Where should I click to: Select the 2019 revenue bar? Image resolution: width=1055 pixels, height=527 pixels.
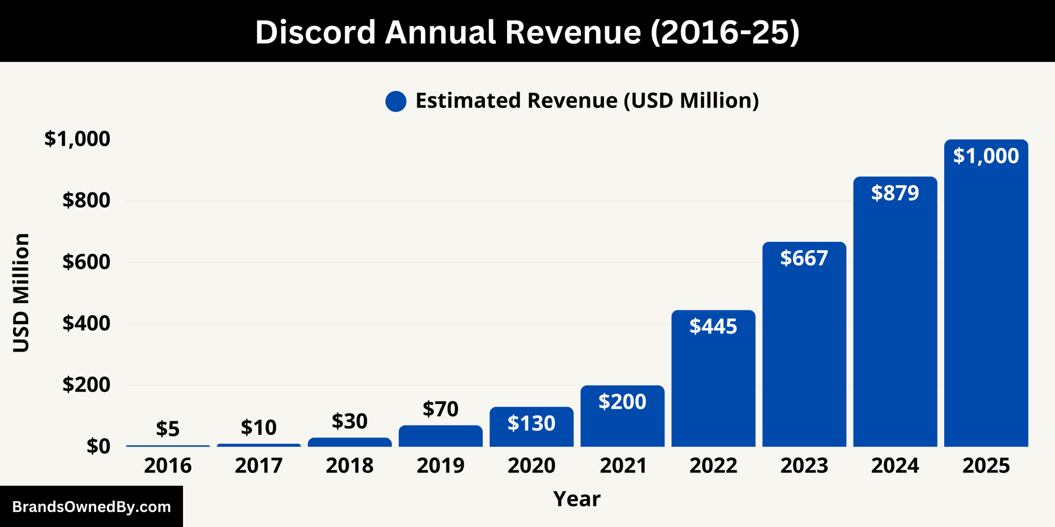tap(440, 436)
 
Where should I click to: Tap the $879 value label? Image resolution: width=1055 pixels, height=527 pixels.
tap(895, 193)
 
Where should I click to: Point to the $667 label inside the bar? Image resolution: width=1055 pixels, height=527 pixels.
tap(804, 258)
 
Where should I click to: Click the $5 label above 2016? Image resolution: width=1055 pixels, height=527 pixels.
tap(167, 429)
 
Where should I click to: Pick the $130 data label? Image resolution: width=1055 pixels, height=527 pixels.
tap(531, 423)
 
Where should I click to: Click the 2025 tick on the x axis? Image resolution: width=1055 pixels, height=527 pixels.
tap(985, 466)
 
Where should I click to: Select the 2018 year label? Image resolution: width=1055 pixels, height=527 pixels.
tap(349, 466)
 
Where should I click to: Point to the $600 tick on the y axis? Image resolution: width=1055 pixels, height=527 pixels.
tap(86, 262)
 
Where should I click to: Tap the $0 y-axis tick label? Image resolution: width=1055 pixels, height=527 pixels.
tap(98, 446)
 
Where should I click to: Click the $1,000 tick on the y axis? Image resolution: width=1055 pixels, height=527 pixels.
tap(77, 139)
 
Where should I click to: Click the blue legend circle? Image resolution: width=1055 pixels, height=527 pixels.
tap(396, 101)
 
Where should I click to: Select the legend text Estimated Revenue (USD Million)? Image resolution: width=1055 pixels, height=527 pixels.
tap(587, 101)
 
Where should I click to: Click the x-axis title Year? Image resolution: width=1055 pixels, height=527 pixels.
tap(576, 499)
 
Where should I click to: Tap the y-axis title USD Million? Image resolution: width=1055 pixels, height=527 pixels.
tap(21, 292)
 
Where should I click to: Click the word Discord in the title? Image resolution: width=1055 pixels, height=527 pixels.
tap(315, 32)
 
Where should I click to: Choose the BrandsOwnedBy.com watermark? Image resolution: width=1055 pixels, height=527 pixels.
tap(91, 507)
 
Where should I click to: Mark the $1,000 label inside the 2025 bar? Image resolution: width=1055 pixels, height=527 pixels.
tap(985, 156)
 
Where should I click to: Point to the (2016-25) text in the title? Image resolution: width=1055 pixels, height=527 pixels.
tap(725, 32)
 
